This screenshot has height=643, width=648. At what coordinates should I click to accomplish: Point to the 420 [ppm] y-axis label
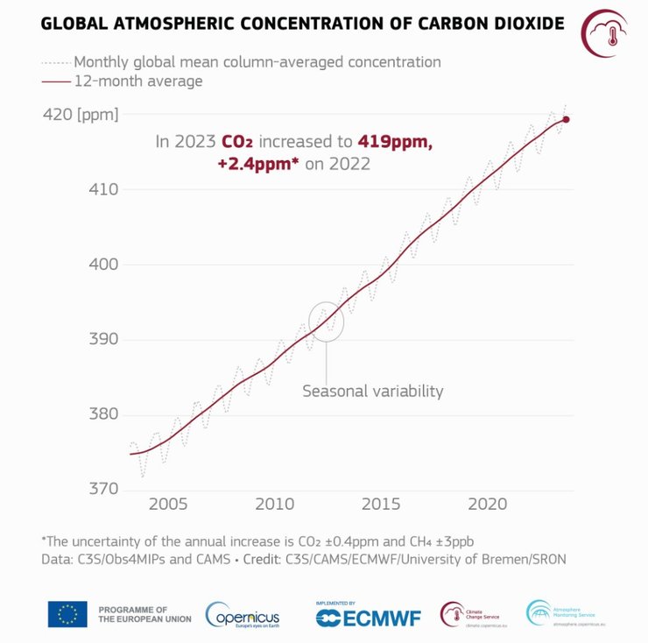click(80, 114)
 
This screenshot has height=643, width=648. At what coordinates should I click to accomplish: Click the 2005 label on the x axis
click(168, 505)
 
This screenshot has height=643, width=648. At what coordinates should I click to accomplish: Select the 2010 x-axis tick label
click(275, 505)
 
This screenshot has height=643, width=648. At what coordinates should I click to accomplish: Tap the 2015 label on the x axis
click(382, 505)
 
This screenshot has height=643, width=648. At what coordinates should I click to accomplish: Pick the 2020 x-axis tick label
click(489, 505)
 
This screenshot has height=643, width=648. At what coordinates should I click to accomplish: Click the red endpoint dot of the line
click(566, 119)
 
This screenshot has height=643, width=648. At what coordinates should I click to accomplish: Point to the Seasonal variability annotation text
click(373, 392)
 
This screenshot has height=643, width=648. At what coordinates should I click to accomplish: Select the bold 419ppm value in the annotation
click(393, 141)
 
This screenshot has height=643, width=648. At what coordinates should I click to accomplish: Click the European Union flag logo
click(67, 614)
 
